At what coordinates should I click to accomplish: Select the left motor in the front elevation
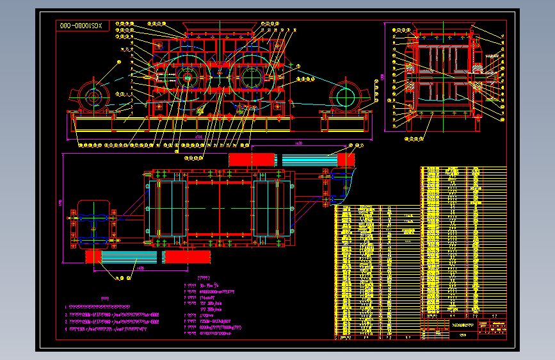tap(94, 99)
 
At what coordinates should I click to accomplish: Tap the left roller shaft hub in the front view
tap(188, 79)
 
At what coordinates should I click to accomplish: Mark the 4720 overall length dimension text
tap(199, 137)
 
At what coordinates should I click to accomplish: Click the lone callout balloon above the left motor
tap(119, 61)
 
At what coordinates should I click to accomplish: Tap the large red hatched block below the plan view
tap(186, 257)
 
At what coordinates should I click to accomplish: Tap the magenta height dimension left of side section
tap(384, 77)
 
